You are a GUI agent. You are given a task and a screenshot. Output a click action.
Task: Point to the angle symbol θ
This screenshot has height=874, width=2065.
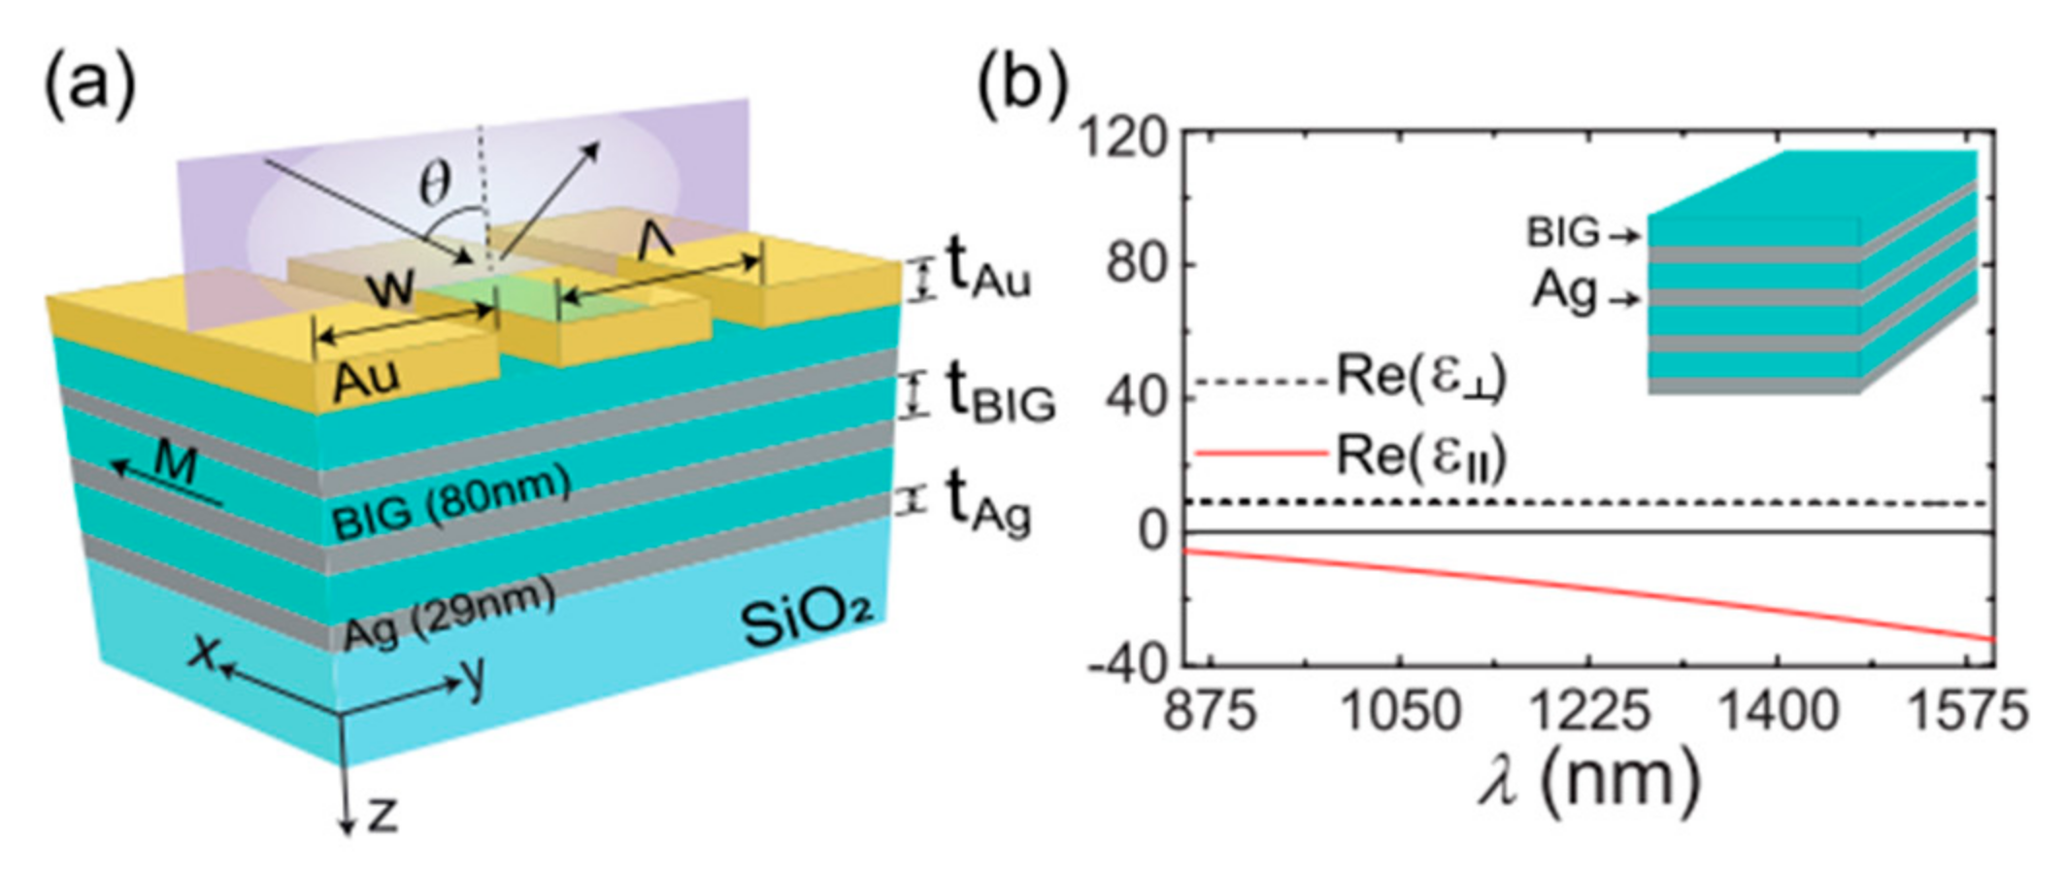tap(434, 184)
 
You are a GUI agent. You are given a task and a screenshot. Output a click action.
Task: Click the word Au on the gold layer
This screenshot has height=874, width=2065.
tap(367, 380)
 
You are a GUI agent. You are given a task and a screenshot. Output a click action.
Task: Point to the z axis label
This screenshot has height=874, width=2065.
tap(383, 817)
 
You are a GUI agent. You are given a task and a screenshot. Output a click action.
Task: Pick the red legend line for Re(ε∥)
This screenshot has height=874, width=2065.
tap(1260, 454)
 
